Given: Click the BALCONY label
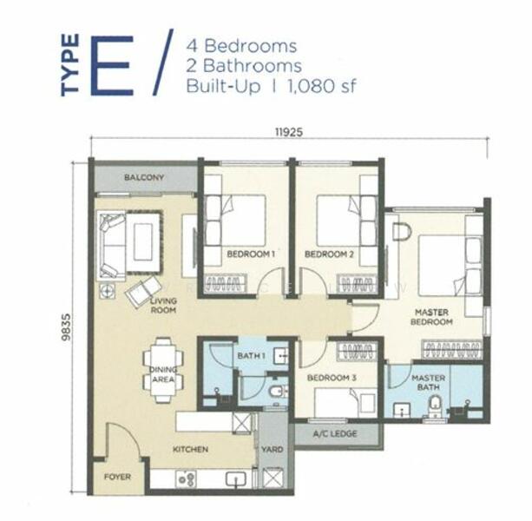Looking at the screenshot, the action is coord(144,177).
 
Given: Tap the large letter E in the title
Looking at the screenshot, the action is coord(112,65).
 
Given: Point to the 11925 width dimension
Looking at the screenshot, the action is coord(289,132).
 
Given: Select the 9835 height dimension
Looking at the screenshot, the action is coord(67,327).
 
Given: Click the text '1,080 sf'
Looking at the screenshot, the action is coord(322,86).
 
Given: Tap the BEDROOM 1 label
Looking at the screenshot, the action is coord(251,254).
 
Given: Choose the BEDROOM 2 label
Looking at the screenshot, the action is coord(329,254).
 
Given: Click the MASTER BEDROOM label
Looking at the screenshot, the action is coord(431,317).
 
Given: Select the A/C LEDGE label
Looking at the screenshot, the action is coord(335,433).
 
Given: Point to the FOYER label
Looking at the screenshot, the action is coord(117,477).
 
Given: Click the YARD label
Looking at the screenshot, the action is coord(273,450).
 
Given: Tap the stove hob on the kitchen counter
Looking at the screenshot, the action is coord(186,479).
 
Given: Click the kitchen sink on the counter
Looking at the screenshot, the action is coord(236,479).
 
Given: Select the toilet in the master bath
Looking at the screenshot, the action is coord(435,406).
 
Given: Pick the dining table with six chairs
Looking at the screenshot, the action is coord(163,370).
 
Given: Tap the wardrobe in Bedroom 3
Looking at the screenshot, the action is coord(358,352).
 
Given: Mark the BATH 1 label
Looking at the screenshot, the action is coord(251,356).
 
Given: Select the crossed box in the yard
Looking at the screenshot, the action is coord(273,478).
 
